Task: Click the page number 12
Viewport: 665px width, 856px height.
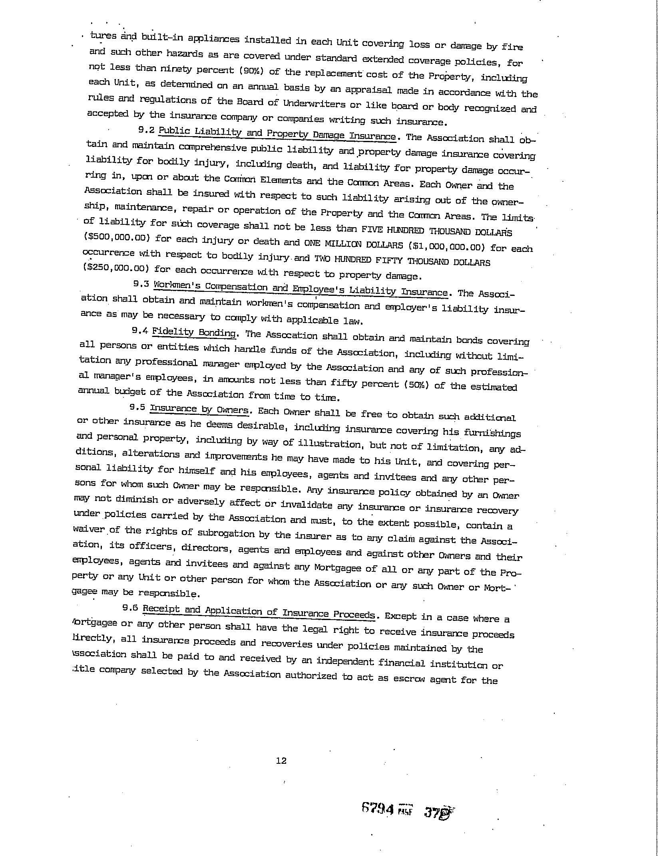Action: click(281, 761)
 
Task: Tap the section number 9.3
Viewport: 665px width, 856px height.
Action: click(141, 284)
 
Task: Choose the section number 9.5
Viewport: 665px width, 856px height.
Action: click(137, 407)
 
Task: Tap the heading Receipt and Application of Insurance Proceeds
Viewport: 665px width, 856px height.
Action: click(259, 612)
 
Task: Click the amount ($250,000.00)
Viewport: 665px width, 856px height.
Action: click(117, 268)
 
